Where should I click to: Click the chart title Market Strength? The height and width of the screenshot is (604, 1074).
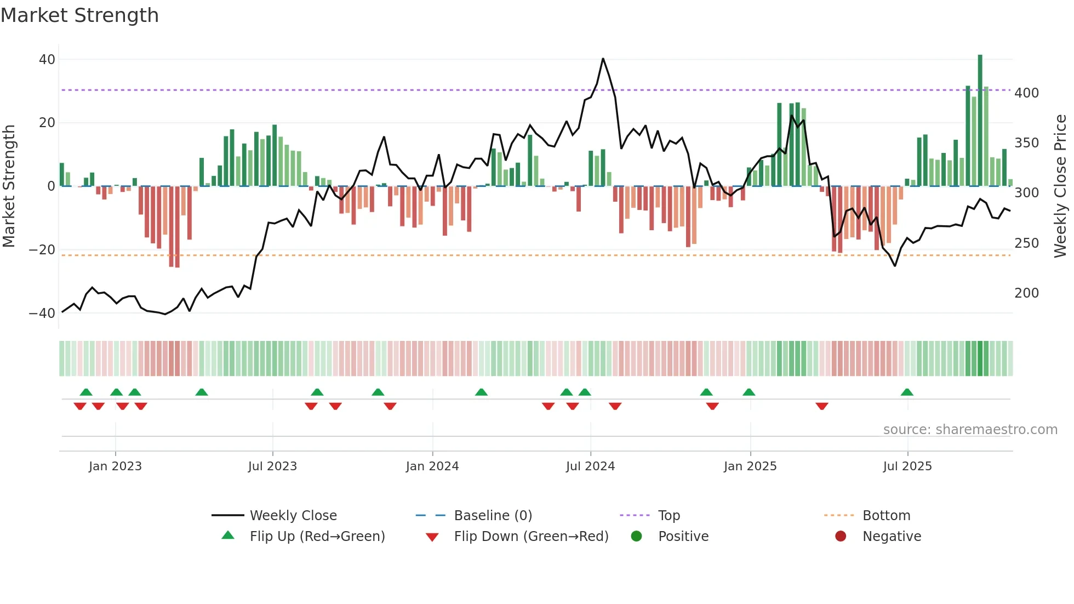point(80,15)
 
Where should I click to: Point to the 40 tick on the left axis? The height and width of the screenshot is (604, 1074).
point(47,59)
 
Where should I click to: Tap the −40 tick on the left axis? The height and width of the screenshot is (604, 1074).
point(42,314)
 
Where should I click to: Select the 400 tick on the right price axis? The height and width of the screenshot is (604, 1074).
point(1026,93)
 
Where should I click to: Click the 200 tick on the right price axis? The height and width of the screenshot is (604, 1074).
point(1026,293)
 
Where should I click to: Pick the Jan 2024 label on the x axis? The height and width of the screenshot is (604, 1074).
point(432,466)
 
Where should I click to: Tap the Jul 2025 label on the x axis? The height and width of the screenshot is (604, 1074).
point(907,466)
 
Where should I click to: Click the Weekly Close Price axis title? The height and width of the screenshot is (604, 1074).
point(1060,186)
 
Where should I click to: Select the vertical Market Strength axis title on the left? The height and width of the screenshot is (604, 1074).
point(9,186)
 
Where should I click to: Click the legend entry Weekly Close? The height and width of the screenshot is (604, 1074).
point(293,516)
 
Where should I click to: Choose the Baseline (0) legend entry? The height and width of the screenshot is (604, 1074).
point(493,516)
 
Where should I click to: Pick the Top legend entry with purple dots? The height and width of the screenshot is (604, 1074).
point(669,516)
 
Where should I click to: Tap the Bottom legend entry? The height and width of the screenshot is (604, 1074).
point(886,516)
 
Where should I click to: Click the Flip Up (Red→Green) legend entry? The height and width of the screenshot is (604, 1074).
point(317,537)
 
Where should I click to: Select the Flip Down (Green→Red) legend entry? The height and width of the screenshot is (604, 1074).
point(531,537)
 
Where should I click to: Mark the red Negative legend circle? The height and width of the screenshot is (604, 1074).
point(841,537)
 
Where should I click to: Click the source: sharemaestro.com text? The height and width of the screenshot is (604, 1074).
point(970,430)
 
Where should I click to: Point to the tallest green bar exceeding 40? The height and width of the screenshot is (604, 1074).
point(980,121)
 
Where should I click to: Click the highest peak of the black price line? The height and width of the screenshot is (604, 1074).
point(603,59)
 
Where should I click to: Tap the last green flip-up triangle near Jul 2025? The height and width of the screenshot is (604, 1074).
point(907,392)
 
